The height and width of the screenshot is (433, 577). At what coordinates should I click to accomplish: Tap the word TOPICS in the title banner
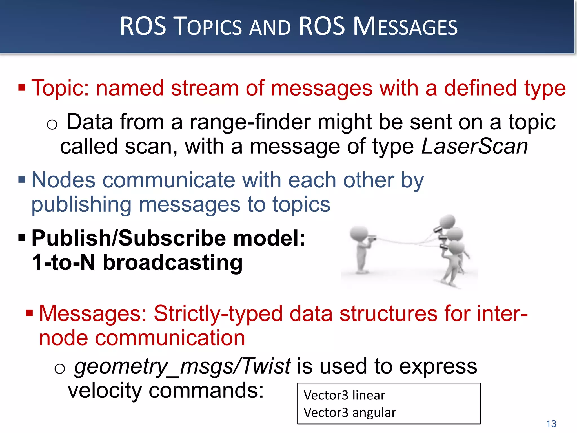[x=208, y=27]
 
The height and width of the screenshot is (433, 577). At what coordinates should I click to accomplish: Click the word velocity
[x=105, y=391]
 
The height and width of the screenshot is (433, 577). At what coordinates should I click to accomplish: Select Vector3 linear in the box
[x=344, y=395]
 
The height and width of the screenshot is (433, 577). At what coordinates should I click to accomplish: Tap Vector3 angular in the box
[x=350, y=413]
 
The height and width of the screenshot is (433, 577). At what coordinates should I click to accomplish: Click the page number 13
[x=551, y=424]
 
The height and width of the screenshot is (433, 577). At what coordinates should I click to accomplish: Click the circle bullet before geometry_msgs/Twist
[x=59, y=368]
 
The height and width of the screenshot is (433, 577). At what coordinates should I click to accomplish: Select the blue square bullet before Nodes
[x=22, y=180]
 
